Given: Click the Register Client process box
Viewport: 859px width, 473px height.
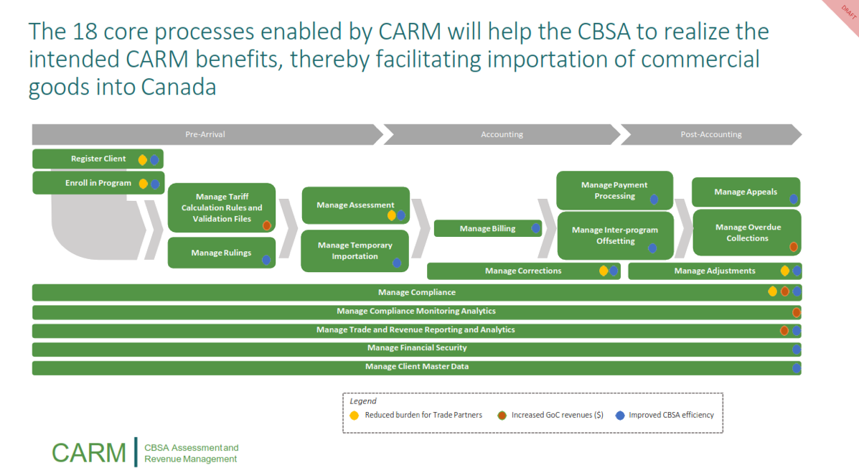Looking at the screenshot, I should click(98, 159).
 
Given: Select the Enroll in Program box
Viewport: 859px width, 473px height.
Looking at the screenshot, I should click(98, 183).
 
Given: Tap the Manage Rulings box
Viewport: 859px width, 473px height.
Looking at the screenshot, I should click(221, 253).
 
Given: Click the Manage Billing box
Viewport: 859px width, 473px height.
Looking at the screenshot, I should click(487, 228).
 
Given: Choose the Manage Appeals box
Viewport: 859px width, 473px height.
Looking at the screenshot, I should click(745, 192).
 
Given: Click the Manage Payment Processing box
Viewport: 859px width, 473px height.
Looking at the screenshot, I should click(614, 190).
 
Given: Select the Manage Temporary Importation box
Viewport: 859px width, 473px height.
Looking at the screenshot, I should click(355, 250).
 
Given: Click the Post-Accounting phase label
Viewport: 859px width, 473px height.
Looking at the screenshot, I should click(710, 134).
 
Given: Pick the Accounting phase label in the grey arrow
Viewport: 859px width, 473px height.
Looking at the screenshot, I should click(502, 134).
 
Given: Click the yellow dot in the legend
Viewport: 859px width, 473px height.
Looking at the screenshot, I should click(354, 415).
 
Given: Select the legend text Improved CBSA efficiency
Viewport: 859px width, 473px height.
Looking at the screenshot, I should click(671, 415).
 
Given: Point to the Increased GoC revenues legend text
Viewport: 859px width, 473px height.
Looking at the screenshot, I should click(557, 415).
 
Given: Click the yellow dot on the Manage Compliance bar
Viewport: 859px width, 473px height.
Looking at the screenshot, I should click(772, 291).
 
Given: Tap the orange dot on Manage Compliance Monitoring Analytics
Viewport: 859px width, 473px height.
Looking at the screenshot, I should click(796, 312).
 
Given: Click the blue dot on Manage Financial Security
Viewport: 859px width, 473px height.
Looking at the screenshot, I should click(796, 349).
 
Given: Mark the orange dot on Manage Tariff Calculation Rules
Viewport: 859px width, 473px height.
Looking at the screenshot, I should click(266, 225).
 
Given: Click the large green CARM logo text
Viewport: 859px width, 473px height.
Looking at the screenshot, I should click(89, 453).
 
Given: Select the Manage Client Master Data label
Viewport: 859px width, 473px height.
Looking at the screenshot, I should click(416, 367).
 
